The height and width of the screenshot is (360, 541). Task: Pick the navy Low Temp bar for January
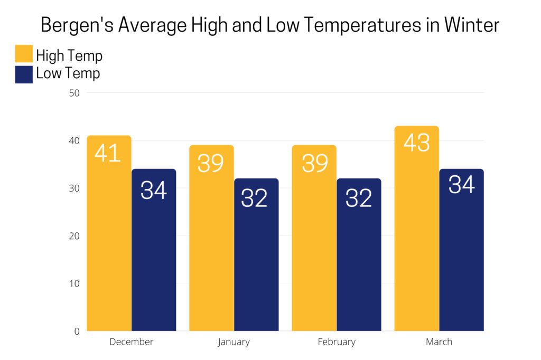pyautogui.click(x=256, y=264)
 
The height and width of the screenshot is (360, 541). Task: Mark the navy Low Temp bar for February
pyautogui.click(x=359, y=264)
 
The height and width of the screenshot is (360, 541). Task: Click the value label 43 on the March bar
pyautogui.click(x=416, y=143)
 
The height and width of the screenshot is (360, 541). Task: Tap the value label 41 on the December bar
pyautogui.click(x=108, y=152)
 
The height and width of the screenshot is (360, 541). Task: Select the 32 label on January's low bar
pyautogui.click(x=254, y=198)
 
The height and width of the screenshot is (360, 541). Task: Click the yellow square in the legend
pyautogui.click(x=24, y=54)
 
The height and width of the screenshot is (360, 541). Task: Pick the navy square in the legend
pyautogui.click(x=24, y=74)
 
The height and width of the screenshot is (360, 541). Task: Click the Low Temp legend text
pyautogui.click(x=68, y=74)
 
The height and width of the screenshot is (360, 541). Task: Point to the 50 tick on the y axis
pyautogui.click(x=74, y=93)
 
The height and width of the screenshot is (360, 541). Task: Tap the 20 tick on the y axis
pyautogui.click(x=74, y=236)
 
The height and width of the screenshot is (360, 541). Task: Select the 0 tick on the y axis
pyautogui.click(x=77, y=331)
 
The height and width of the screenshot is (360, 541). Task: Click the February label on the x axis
pyautogui.click(x=337, y=342)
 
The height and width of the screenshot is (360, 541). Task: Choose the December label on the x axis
pyautogui.click(x=131, y=342)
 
